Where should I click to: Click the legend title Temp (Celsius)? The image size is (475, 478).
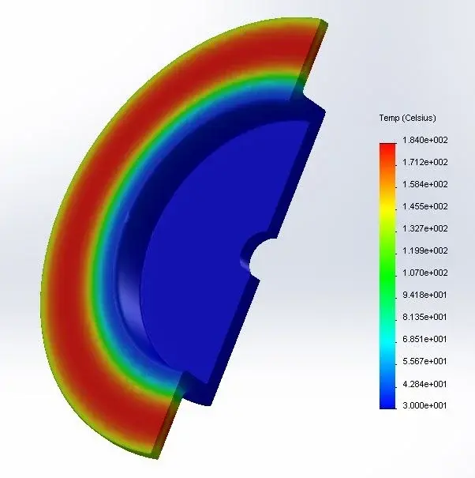407,118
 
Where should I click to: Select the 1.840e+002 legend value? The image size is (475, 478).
425,140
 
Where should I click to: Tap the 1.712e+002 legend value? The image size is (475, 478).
425,162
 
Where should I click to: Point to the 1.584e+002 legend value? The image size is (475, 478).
425,184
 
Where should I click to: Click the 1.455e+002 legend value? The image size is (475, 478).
425,206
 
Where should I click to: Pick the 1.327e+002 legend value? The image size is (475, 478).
425,228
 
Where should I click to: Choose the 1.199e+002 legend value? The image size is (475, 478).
425,250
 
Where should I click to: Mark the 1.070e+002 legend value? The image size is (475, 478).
425,273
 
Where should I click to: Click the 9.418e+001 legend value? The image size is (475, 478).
425,295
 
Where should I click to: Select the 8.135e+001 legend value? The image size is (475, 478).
425,317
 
